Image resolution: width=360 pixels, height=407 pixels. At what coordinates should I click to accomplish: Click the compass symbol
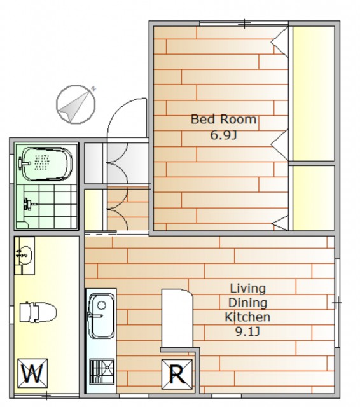click(76, 104)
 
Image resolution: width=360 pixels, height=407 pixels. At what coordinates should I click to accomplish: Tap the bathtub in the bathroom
click(46, 164)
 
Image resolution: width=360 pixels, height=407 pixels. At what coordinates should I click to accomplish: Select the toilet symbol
click(38, 312)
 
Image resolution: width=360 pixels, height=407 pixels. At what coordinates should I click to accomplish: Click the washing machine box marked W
click(32, 374)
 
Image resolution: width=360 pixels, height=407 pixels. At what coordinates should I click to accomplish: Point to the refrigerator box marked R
click(177, 374)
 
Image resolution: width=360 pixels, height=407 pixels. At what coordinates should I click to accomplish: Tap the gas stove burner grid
click(102, 371)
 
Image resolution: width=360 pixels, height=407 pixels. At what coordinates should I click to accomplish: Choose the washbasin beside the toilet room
click(24, 255)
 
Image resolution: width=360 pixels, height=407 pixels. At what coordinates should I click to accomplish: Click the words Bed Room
click(224, 119)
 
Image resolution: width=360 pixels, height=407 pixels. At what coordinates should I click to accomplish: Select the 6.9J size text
click(223, 135)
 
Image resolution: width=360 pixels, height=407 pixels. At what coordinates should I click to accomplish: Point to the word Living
click(248, 289)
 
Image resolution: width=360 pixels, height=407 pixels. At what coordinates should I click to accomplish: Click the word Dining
click(247, 303)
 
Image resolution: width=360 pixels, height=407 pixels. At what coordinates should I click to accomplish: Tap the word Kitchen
click(247, 317)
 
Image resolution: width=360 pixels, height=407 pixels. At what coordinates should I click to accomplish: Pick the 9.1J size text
click(247, 331)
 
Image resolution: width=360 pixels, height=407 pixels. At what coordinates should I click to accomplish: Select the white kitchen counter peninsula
click(177, 318)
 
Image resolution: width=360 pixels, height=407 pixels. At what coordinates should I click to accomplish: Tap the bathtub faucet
click(24, 163)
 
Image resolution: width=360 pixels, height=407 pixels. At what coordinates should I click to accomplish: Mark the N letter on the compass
click(93, 89)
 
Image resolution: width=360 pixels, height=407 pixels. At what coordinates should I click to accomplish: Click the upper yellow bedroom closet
click(314, 93)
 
